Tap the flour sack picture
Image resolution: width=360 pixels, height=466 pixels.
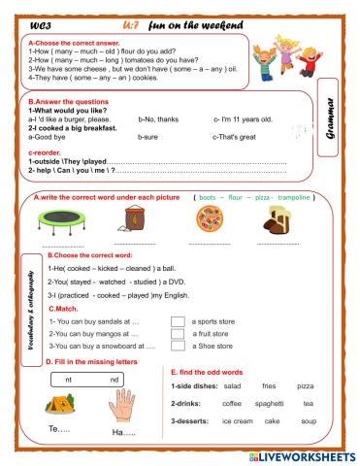[x=136, y=221]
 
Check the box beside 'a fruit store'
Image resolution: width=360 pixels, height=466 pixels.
[x=177, y=333]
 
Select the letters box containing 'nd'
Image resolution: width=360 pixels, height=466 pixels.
[x=114, y=379]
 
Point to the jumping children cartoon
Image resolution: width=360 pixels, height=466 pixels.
[x=296, y=44]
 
